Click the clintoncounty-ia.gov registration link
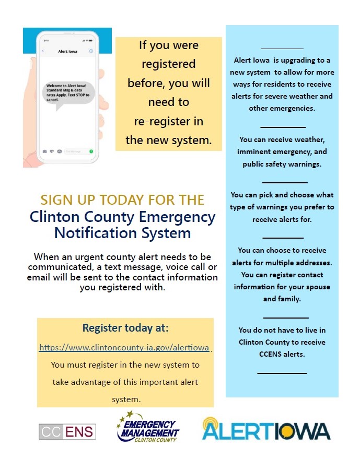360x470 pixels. tap(124, 347)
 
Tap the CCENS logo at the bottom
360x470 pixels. tap(67, 431)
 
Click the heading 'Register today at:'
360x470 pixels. tap(125, 328)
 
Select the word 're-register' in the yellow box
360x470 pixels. tap(169, 121)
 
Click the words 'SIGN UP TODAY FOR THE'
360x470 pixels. tap(122, 199)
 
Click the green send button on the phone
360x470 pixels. tap(91, 151)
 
